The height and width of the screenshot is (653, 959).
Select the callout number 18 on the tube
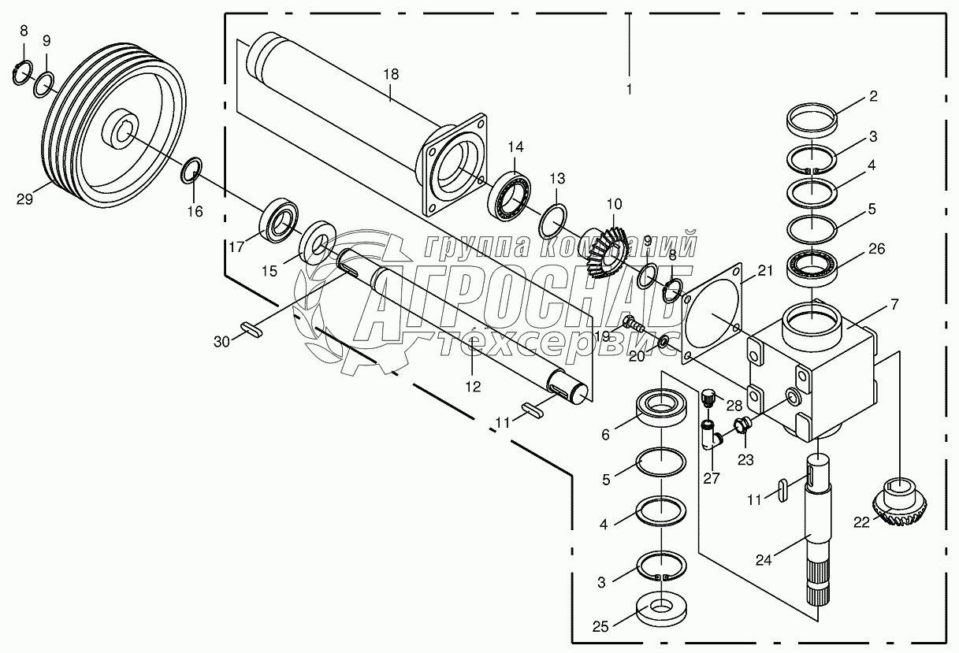pos(391,74)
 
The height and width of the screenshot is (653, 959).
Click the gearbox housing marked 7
pos(820,370)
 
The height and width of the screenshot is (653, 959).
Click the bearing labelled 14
pos(511,195)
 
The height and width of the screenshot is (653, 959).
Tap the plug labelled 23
pos(742,428)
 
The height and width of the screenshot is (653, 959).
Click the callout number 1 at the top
pos(629,89)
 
